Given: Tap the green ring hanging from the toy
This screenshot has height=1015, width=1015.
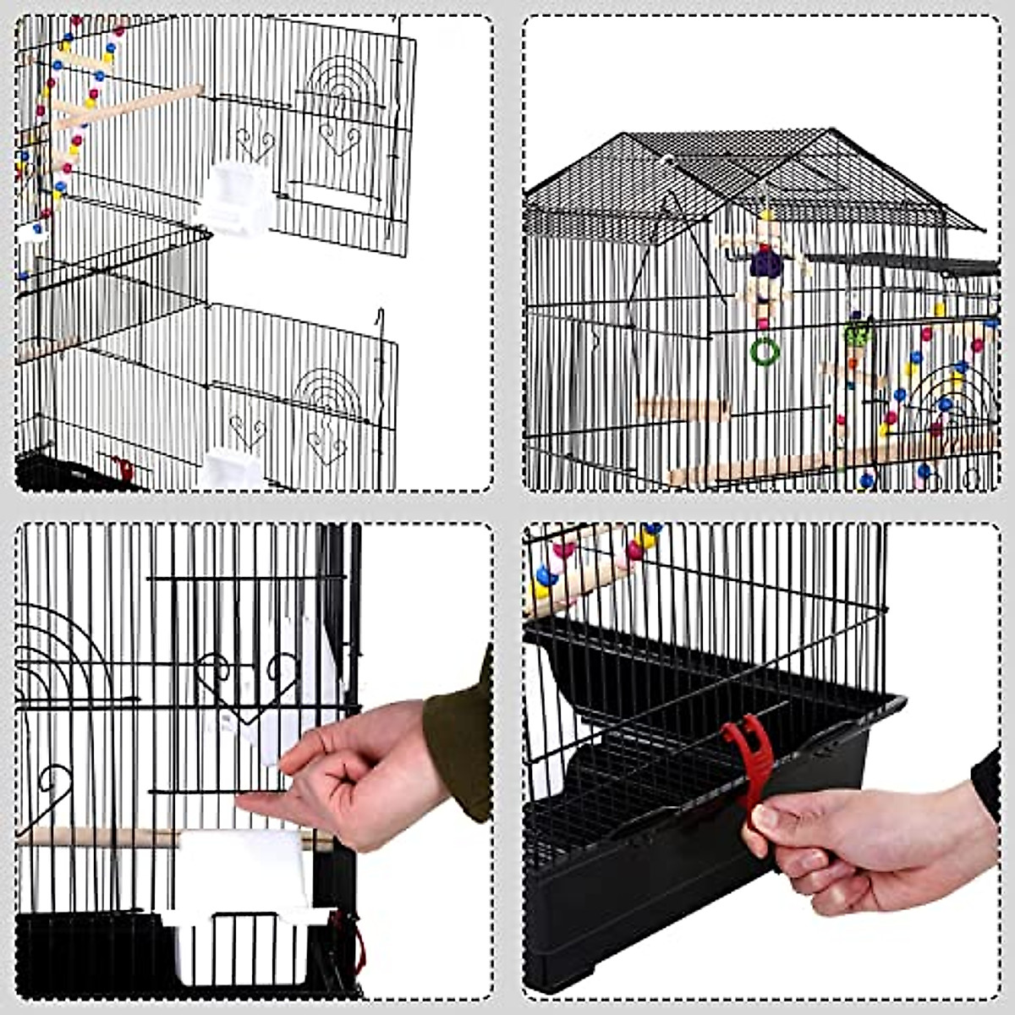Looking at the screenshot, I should tap(765, 351).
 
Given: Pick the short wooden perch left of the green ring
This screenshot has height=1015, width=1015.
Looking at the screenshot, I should tap(682, 409).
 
